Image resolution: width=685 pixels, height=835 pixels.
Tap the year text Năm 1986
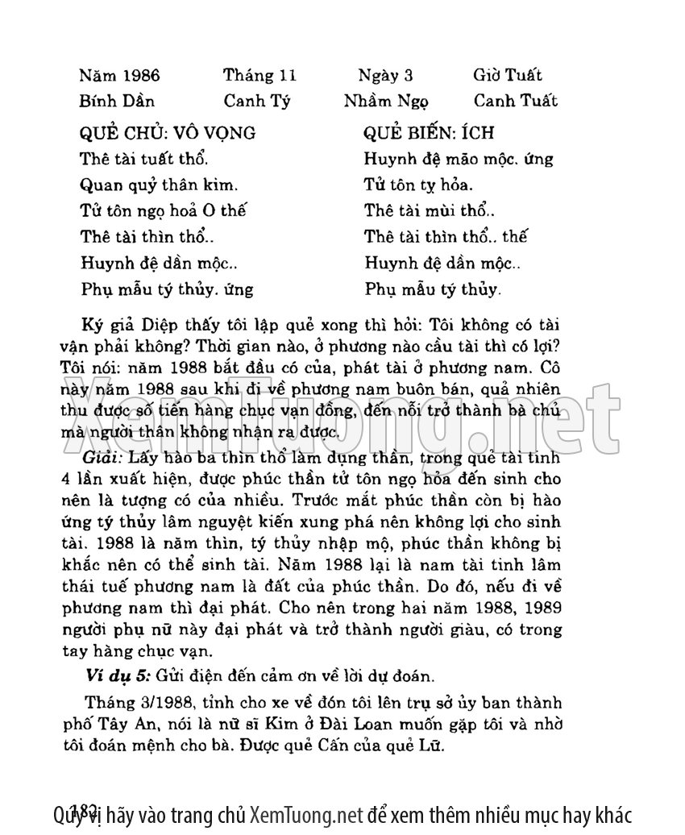coord(120,76)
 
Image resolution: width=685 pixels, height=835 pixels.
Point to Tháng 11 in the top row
coord(260,76)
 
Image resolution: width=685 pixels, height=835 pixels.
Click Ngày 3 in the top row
coord(385,76)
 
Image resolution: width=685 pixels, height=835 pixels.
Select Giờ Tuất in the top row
coord(508,76)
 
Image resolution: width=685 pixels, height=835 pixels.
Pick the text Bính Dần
coord(117,102)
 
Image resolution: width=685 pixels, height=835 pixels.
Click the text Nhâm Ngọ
coord(386,102)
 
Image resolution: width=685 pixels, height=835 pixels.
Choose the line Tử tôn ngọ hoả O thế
coord(164,211)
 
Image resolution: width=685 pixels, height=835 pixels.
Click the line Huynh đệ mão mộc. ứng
coord(459,159)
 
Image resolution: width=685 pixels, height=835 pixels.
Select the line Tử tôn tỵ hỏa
coord(418,185)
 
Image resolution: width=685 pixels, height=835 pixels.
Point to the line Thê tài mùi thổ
coord(430,211)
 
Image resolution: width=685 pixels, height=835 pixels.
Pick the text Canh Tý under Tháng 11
coord(257,102)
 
